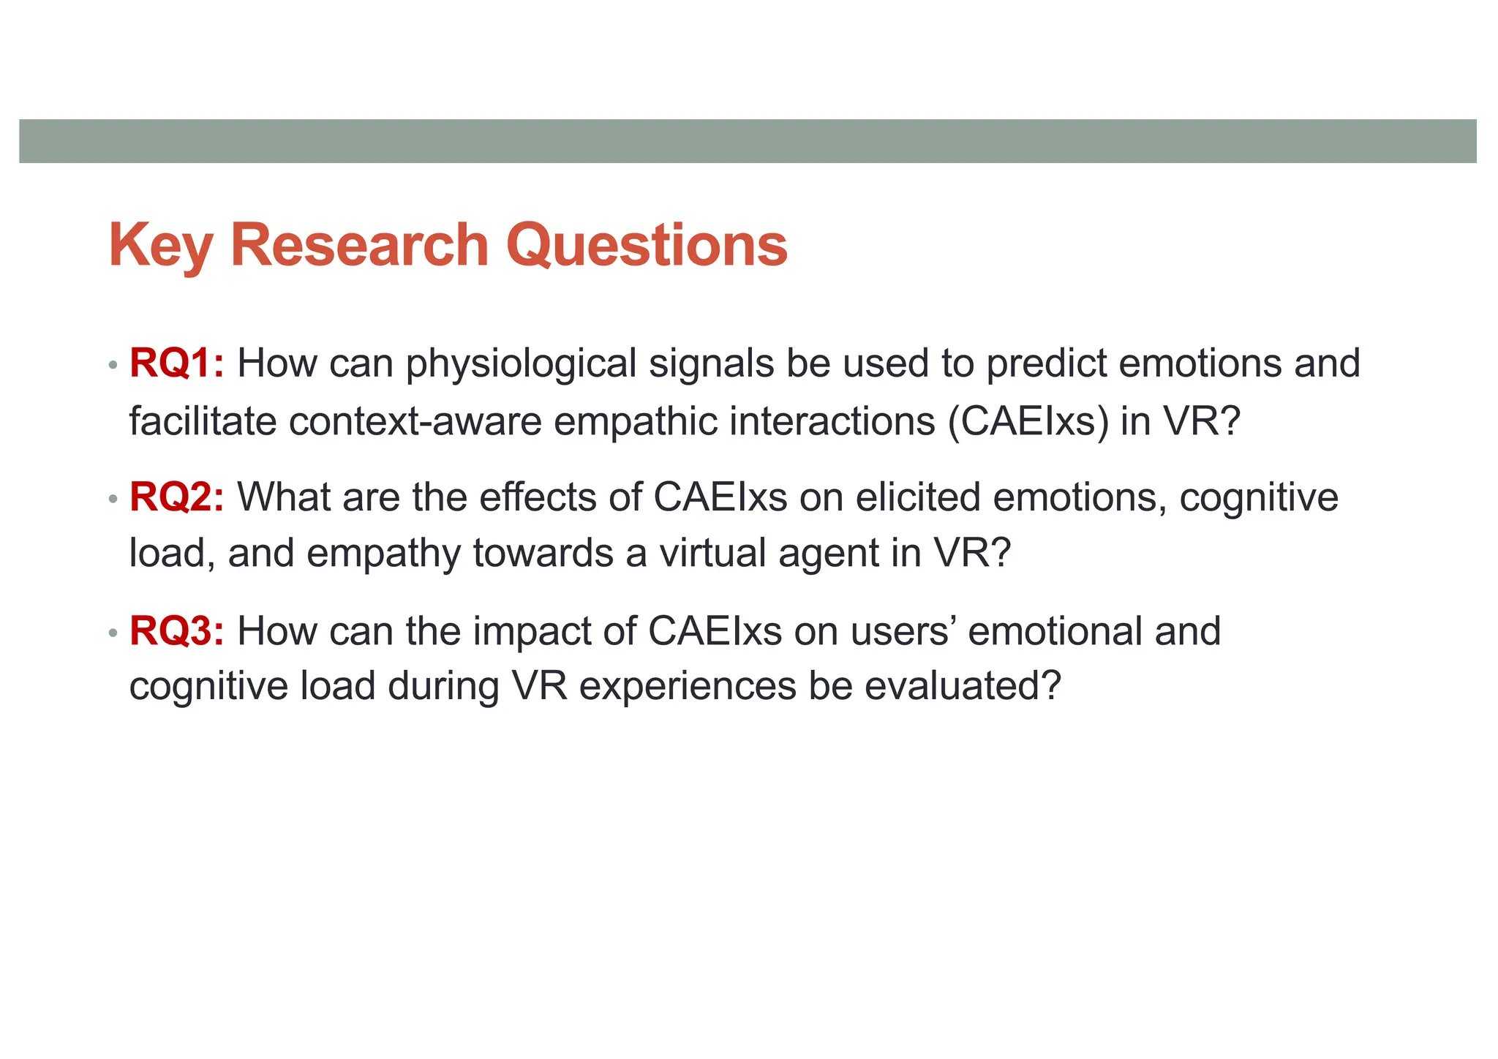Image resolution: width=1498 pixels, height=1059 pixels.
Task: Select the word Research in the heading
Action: [x=359, y=246]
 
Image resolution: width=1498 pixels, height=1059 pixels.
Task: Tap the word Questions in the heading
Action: [x=647, y=246]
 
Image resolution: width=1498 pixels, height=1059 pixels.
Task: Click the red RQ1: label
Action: [x=176, y=363]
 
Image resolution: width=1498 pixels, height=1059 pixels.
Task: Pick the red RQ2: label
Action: [x=176, y=497]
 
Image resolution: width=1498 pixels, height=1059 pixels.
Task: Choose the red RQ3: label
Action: [x=176, y=631]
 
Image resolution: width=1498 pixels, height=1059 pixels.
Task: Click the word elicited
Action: [x=918, y=497]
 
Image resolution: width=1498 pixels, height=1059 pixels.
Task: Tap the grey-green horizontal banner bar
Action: [x=748, y=141]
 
